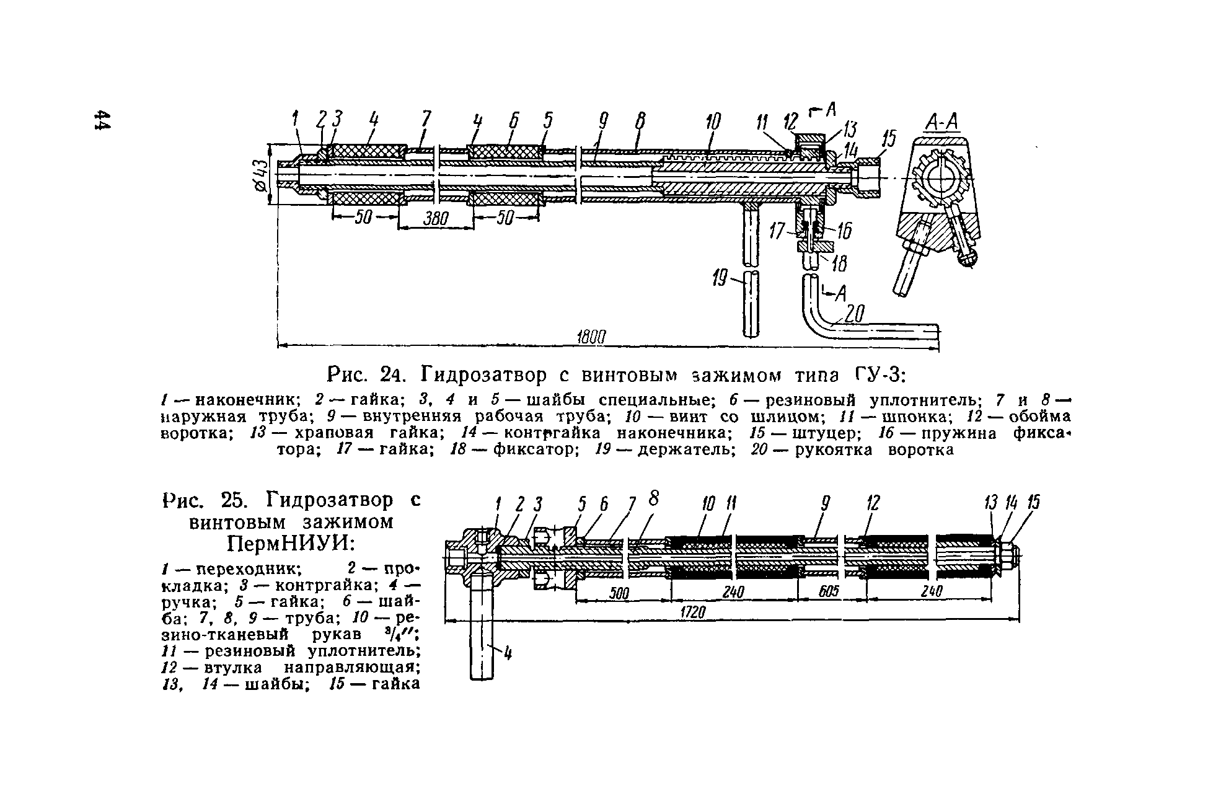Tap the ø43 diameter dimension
pos(260,174)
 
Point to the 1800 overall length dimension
pos(590,337)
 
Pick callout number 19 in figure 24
pos(720,280)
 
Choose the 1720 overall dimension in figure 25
pos(694,612)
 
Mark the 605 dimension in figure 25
pos(829,592)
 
